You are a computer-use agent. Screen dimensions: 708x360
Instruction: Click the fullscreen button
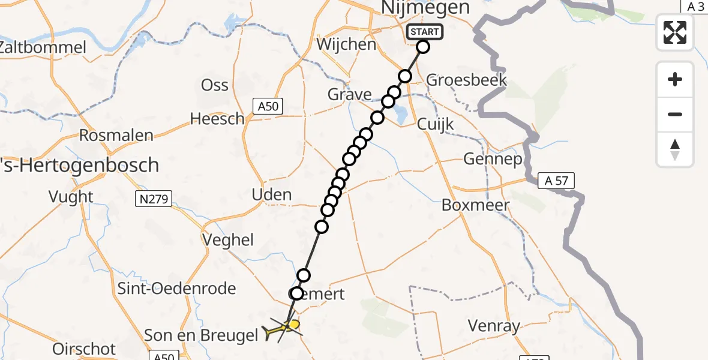click(675, 32)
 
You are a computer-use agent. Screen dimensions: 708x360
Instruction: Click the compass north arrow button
click(675, 149)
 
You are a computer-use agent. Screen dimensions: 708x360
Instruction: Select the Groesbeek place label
click(466, 80)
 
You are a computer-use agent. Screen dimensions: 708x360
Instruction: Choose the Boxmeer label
click(475, 205)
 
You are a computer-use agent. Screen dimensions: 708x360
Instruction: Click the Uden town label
click(272, 194)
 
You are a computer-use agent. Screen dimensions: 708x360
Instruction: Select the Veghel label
click(228, 240)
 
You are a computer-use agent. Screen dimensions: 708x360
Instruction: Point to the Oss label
click(215, 85)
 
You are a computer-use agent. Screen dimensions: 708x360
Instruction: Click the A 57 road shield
click(556, 180)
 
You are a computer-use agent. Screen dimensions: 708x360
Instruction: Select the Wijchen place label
click(346, 44)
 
